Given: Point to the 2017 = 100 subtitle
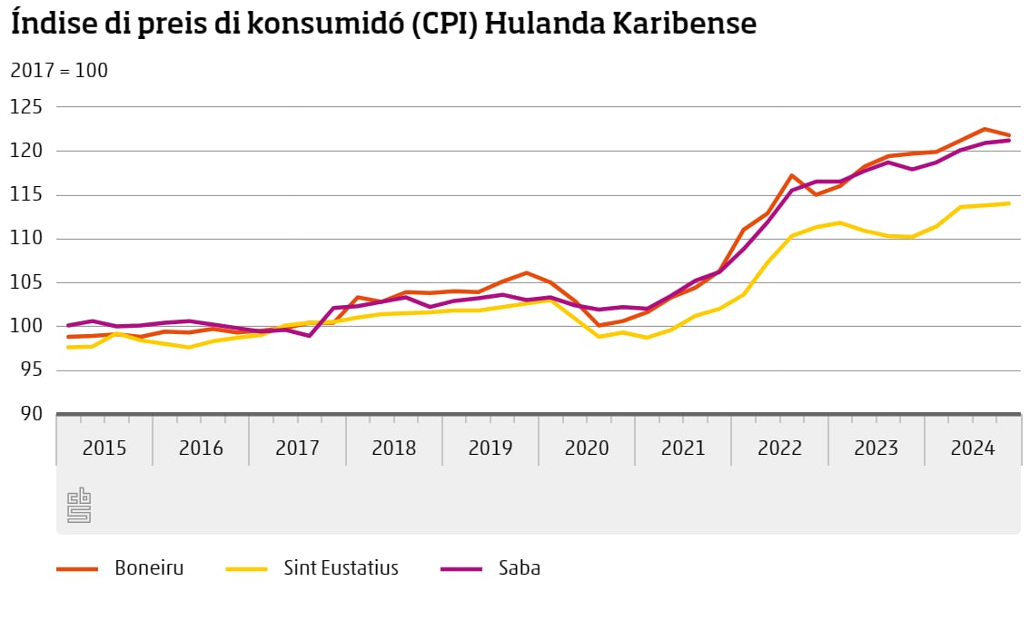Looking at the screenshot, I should (x=59, y=70).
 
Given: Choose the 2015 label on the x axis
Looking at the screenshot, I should (x=104, y=448).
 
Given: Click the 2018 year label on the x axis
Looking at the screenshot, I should (x=394, y=448).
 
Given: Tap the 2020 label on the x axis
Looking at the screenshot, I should (x=587, y=448).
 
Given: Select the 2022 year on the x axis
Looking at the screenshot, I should (x=779, y=448).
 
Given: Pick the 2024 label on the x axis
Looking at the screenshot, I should (x=972, y=448).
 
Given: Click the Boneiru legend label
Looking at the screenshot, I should (x=149, y=569).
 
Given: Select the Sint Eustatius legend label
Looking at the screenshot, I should (x=341, y=569).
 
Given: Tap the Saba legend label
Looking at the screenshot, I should (x=520, y=569).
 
